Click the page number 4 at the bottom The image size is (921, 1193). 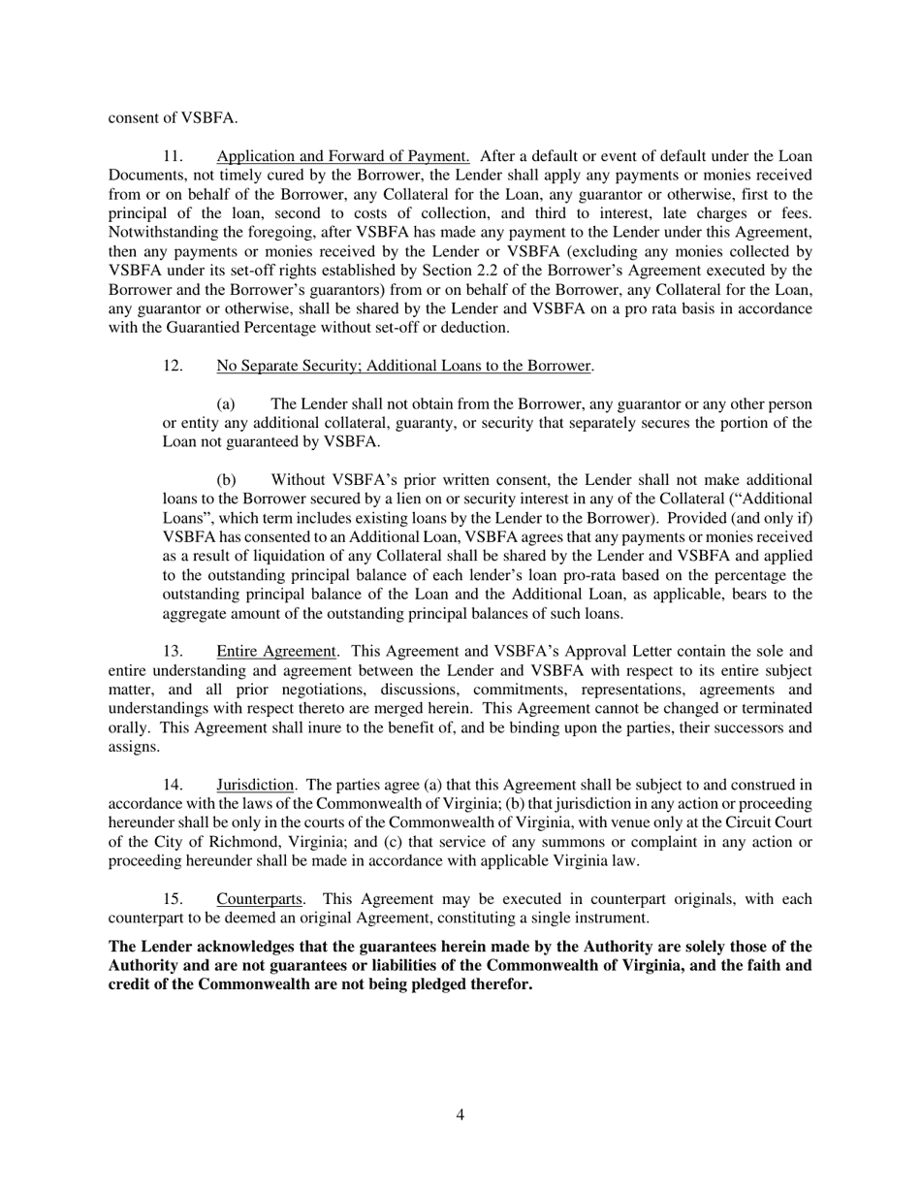pyautogui.click(x=460, y=1115)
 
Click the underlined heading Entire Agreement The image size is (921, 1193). pyautogui.click(x=276, y=651)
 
